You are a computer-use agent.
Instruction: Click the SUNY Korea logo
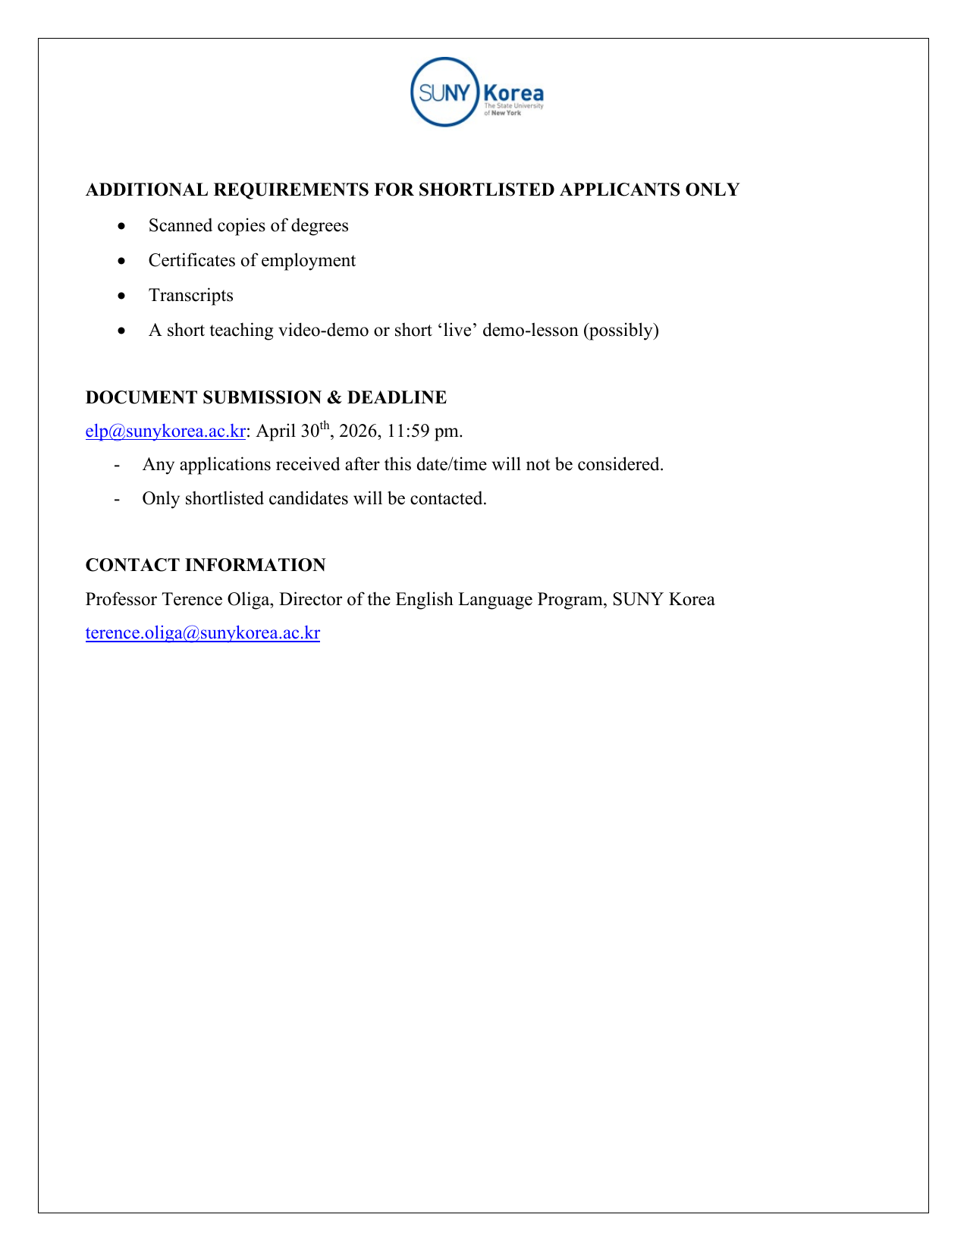[x=476, y=92]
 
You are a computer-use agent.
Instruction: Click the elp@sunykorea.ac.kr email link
[x=165, y=431]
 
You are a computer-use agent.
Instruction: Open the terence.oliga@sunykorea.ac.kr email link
[x=203, y=633]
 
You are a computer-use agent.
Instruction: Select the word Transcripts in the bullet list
[x=191, y=296]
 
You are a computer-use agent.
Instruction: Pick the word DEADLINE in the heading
[x=397, y=397]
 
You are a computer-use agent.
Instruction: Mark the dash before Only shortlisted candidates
[x=117, y=499]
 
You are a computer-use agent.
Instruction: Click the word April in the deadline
[x=276, y=431]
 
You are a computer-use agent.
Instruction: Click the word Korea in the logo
[x=513, y=93]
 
